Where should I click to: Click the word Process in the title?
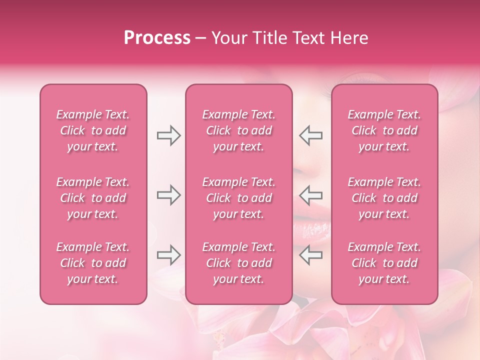[157, 38]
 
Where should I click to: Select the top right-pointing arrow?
[168, 135]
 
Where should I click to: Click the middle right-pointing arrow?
[168, 195]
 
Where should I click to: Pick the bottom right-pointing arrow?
[168, 254]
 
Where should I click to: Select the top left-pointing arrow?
[311, 135]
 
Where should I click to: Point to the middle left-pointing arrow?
[311, 195]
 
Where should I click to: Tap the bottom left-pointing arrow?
[311, 254]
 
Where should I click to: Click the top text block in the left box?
[93, 130]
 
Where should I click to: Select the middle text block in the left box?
[93, 198]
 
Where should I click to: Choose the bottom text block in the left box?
[93, 263]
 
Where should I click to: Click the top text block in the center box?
[239, 130]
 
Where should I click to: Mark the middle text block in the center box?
[239, 198]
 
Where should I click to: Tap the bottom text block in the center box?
[239, 263]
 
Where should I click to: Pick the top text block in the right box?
[384, 130]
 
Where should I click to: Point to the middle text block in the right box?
[384, 198]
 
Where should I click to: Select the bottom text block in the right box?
[384, 263]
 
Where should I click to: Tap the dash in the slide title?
[201, 39]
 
